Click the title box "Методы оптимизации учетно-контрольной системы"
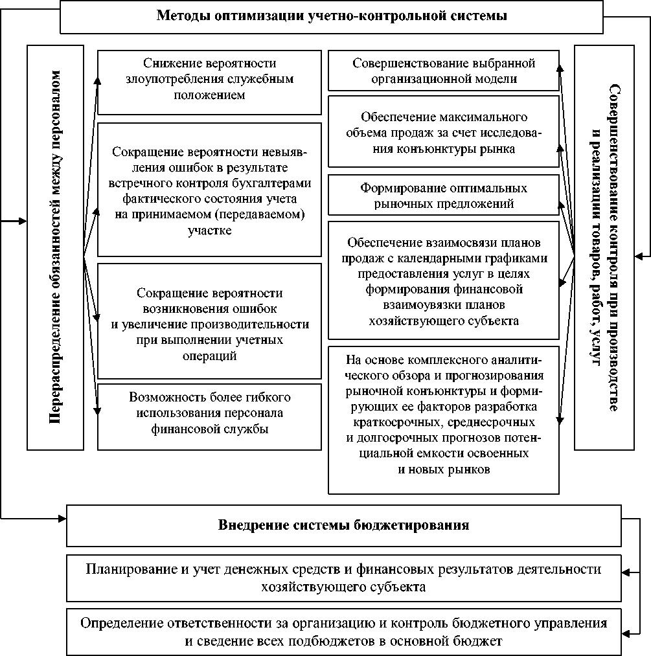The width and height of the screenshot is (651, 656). (331, 16)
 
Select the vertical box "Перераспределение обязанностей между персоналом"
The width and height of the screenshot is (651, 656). (55, 247)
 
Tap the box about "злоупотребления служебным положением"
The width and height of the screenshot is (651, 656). (209, 78)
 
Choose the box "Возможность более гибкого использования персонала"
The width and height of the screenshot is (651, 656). (209, 413)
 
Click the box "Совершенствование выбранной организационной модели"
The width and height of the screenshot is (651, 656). (443, 71)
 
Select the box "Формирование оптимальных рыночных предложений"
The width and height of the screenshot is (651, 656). (443, 196)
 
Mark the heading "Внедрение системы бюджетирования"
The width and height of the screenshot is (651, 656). (343, 525)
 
